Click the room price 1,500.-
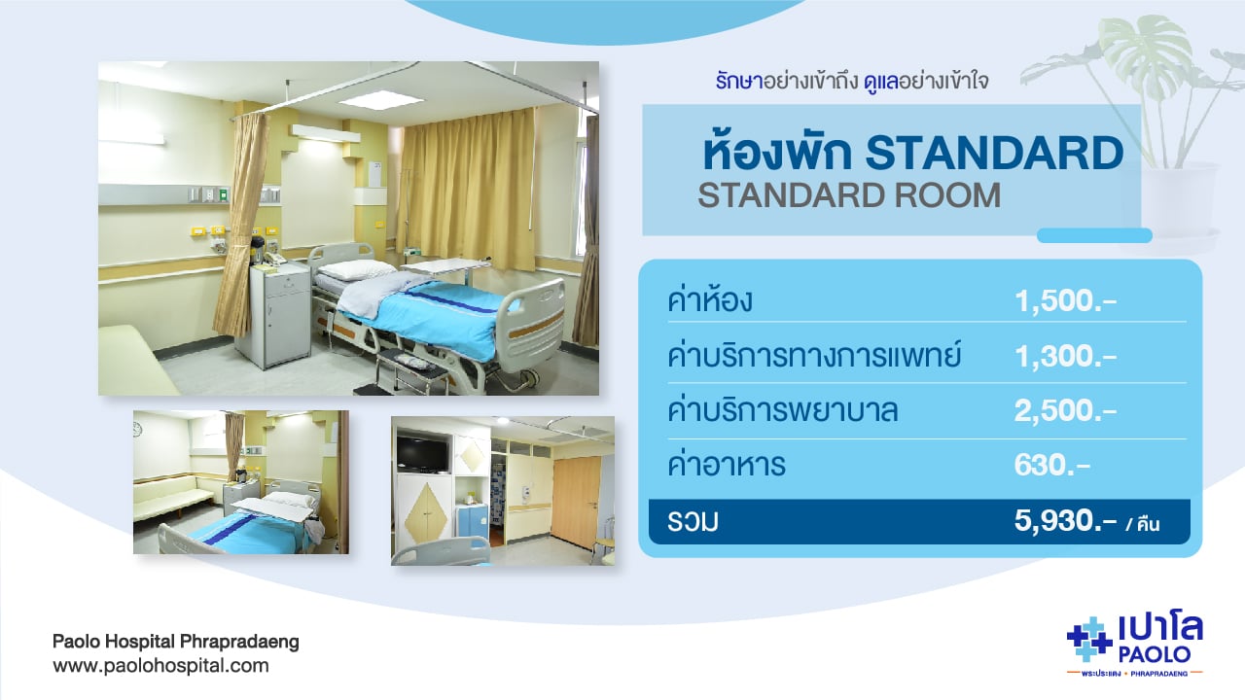(x=1065, y=301)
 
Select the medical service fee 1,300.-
(x=1065, y=356)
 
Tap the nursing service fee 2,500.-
(x=1065, y=411)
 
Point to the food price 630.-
(x=1052, y=465)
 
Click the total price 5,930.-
(x=1065, y=521)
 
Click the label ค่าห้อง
(x=710, y=297)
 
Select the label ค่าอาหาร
(x=727, y=463)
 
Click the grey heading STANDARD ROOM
(x=849, y=195)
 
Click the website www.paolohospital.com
(x=160, y=666)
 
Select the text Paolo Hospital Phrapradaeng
(x=176, y=642)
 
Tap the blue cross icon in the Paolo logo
(x=1088, y=640)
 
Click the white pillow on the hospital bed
(x=356, y=269)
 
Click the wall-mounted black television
(x=422, y=454)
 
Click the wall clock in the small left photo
(x=138, y=429)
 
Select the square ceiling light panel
(x=381, y=100)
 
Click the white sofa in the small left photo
(x=171, y=497)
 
